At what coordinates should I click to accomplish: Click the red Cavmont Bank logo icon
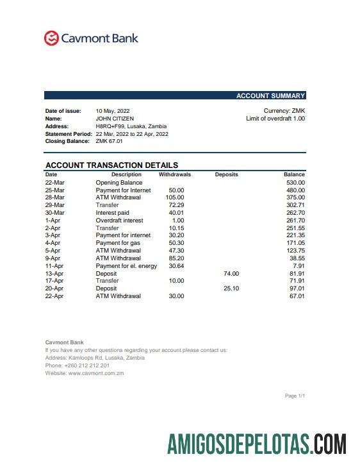tap(51, 38)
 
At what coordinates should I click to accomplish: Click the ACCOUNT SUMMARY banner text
tap(270, 96)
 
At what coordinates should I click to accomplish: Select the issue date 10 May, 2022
tap(113, 111)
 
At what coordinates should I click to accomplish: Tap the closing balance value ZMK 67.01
tap(109, 141)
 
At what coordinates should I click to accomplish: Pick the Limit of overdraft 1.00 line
tap(275, 119)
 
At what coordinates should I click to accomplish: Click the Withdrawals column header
tap(174, 174)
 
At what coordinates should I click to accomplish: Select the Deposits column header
tap(226, 174)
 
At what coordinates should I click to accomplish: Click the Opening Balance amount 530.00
tap(295, 183)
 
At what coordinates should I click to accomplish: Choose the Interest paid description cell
tap(112, 213)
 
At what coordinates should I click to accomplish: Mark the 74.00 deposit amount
tap(231, 274)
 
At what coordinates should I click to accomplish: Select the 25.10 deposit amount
tap(231, 288)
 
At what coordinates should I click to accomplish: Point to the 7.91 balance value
tap(299, 266)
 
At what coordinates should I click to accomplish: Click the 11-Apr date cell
tap(54, 266)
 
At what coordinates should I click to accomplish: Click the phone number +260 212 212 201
tap(72, 365)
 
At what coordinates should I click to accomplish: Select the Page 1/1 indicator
tap(295, 396)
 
